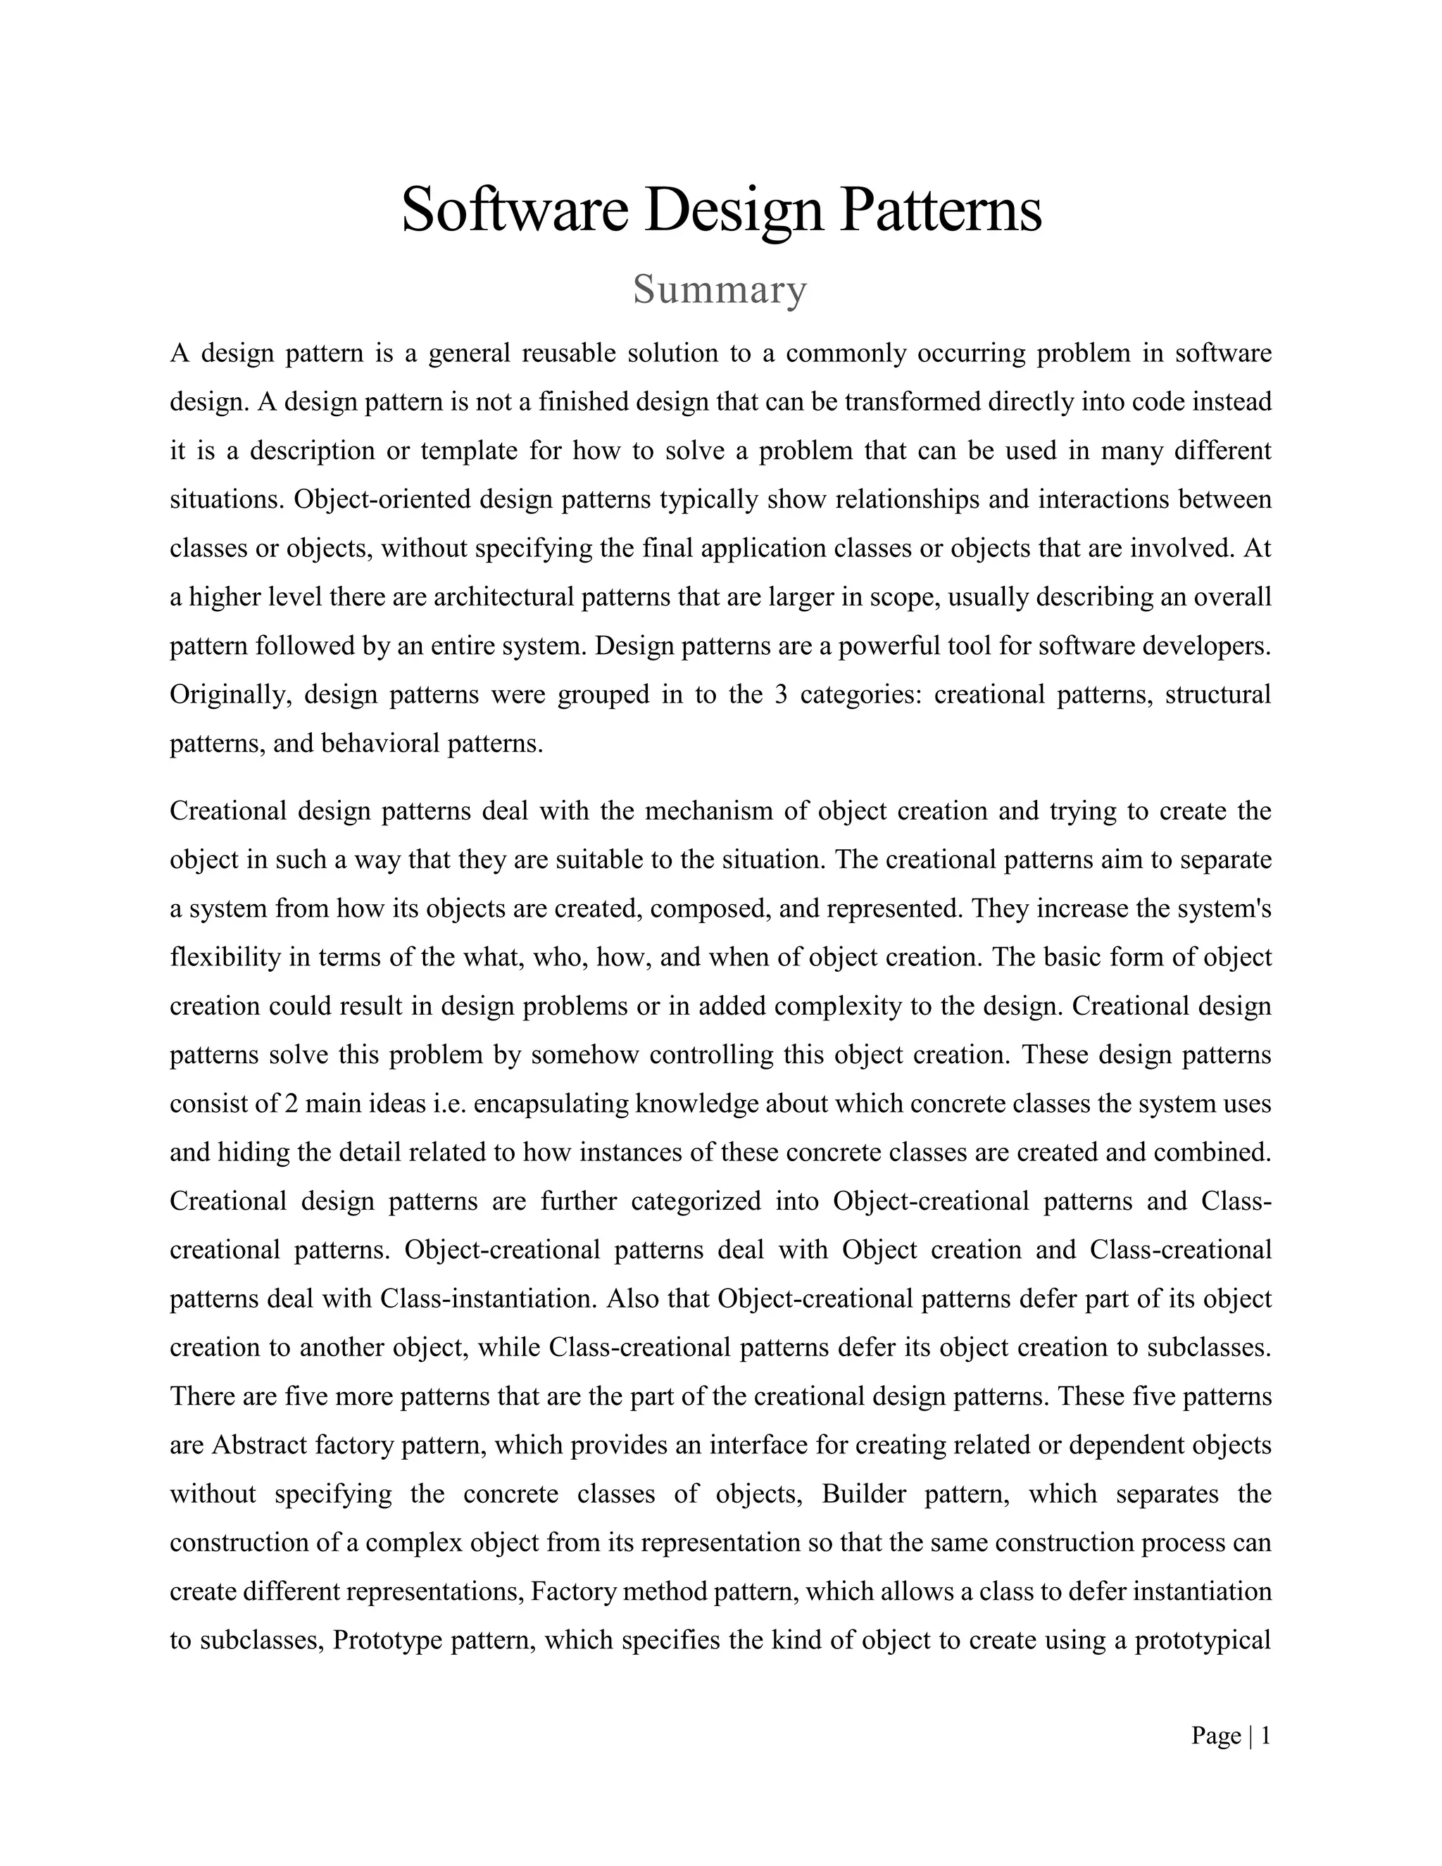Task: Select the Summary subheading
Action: click(x=720, y=291)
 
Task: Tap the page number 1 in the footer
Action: click(x=1265, y=1736)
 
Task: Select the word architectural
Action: click(x=504, y=596)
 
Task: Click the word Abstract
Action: click(x=259, y=1445)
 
